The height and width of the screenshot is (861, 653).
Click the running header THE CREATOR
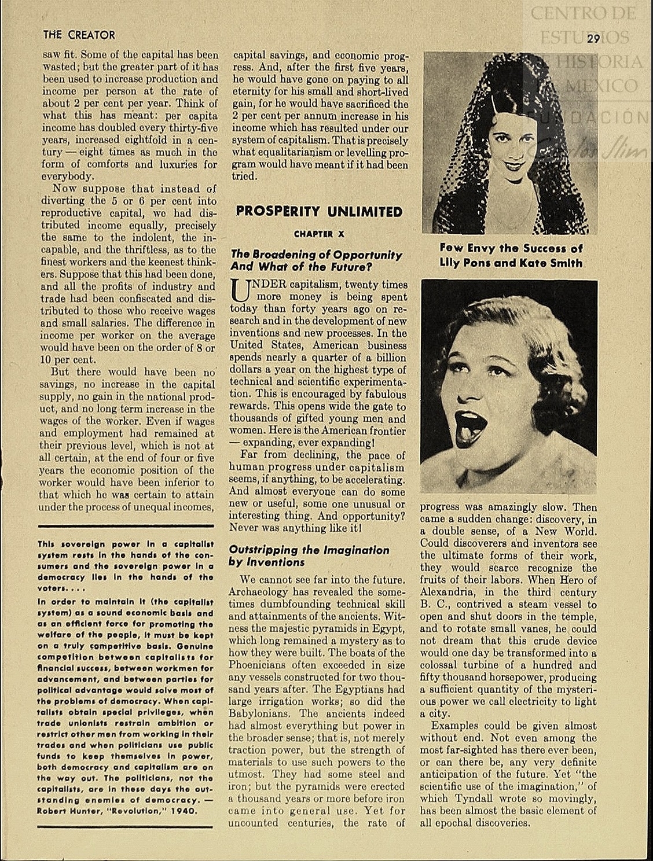pyautogui.click(x=79, y=35)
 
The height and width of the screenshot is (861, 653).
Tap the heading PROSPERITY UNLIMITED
pyautogui.click(x=319, y=211)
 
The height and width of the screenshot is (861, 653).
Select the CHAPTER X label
pyautogui.click(x=318, y=234)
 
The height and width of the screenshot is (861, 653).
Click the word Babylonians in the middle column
pyautogui.click(x=261, y=713)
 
